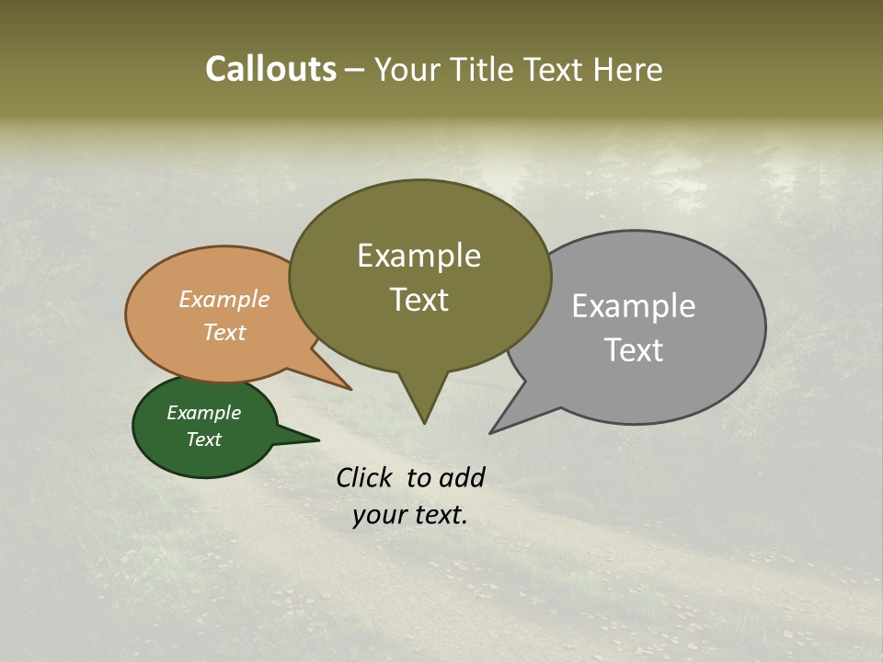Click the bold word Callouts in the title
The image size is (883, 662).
click(270, 69)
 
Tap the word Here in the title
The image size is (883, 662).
click(628, 69)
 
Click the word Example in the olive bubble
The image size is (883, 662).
click(419, 256)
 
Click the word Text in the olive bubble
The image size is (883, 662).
click(419, 300)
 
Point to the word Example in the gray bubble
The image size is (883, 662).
click(633, 306)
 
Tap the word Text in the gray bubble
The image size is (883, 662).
click(633, 350)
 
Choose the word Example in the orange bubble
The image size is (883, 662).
click(224, 300)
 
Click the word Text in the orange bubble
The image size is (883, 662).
click(224, 333)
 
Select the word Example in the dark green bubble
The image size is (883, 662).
click(203, 413)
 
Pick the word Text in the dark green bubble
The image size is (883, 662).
click(203, 439)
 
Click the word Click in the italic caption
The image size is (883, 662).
click(366, 477)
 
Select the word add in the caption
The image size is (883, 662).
click(461, 477)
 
